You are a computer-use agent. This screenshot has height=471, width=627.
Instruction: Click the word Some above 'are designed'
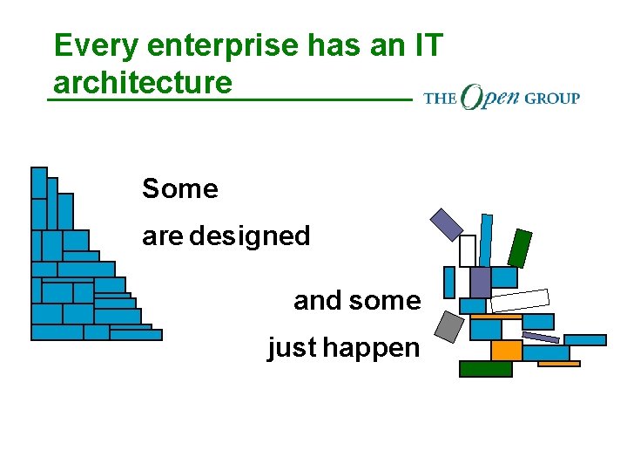click(180, 188)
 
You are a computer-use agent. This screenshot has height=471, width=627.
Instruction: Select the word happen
click(371, 348)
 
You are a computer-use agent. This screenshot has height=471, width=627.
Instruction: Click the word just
click(293, 348)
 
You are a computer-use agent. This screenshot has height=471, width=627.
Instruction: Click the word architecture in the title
click(143, 83)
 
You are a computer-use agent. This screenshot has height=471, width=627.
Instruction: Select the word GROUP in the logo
click(552, 98)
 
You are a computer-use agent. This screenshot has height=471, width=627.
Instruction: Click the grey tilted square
click(449, 325)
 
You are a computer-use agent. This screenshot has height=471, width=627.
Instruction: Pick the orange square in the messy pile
click(506, 351)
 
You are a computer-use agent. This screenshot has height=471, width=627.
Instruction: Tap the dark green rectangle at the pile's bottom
click(485, 369)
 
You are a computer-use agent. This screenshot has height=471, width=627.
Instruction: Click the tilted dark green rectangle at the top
click(520, 249)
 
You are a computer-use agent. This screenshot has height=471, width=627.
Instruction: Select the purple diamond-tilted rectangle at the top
click(447, 223)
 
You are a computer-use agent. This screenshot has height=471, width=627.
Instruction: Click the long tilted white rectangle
click(520, 300)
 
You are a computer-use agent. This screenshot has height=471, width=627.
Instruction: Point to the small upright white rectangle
click(468, 251)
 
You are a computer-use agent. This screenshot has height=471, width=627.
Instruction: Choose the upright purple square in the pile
click(480, 282)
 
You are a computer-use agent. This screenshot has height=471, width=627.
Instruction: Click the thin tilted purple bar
click(541, 337)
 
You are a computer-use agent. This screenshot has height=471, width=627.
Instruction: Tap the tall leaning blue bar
click(485, 239)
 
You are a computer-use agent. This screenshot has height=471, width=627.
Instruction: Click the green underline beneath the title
click(228, 100)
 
